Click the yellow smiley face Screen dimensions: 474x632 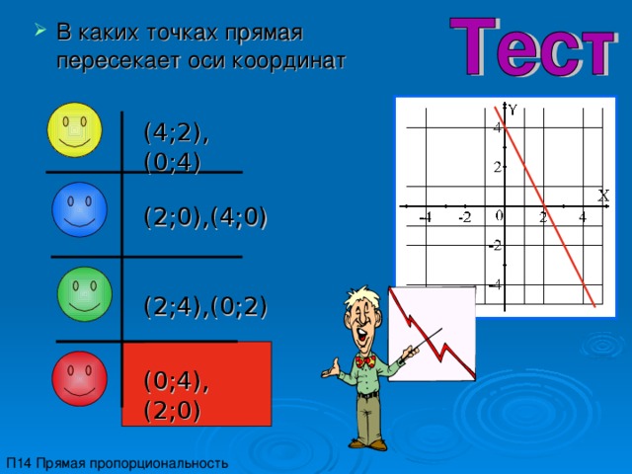(x=74, y=128)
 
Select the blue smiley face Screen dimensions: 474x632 (x=79, y=208)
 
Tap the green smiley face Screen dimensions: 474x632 (x=84, y=294)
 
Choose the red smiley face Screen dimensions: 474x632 (x=80, y=378)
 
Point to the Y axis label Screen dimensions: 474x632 (x=513, y=109)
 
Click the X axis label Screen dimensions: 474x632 (x=601, y=196)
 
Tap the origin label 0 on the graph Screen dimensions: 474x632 (x=501, y=215)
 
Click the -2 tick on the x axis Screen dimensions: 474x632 (x=463, y=217)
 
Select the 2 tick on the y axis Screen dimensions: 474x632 (x=499, y=167)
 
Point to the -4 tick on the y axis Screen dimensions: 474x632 (x=497, y=284)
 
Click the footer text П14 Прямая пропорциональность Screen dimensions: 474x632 (x=117, y=462)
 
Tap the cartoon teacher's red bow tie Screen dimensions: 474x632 (x=366, y=361)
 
